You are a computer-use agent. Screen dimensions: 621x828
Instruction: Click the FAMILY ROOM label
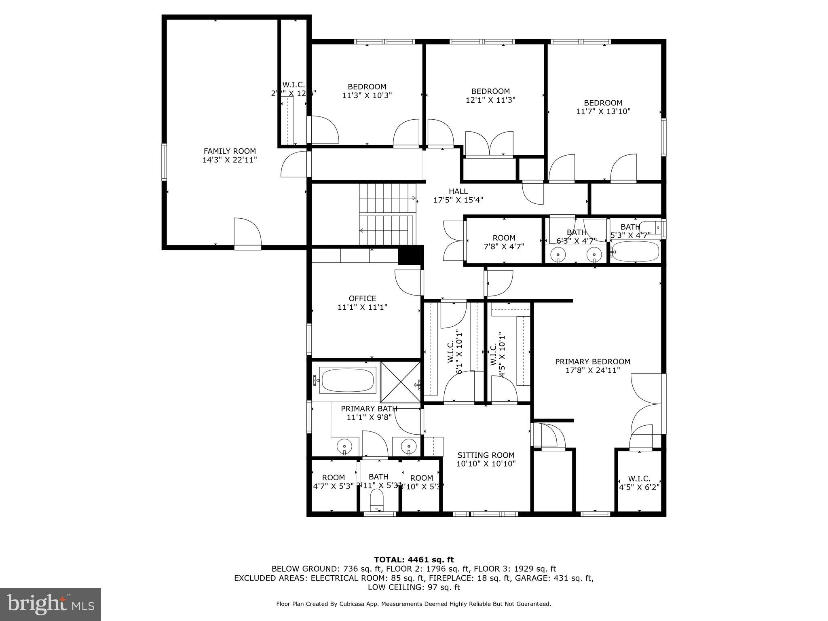point(230,152)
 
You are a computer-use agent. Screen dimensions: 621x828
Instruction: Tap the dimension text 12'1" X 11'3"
point(490,100)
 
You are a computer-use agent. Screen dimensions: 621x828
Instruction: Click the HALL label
point(458,192)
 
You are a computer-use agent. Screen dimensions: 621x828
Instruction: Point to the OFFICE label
point(362,299)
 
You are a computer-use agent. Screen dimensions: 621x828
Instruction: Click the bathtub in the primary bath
point(347,380)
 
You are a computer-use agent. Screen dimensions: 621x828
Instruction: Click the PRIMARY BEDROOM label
point(592,362)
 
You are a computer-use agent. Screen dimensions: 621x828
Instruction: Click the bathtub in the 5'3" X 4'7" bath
point(635,251)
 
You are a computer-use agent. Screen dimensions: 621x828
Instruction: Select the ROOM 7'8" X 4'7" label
point(504,238)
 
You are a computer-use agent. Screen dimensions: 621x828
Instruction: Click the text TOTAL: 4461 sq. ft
point(414,560)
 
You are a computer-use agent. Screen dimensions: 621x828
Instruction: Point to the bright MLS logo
point(51,604)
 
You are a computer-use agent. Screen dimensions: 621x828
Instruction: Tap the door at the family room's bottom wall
point(247,234)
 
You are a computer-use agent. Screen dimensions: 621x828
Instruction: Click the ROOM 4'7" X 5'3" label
point(333,478)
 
